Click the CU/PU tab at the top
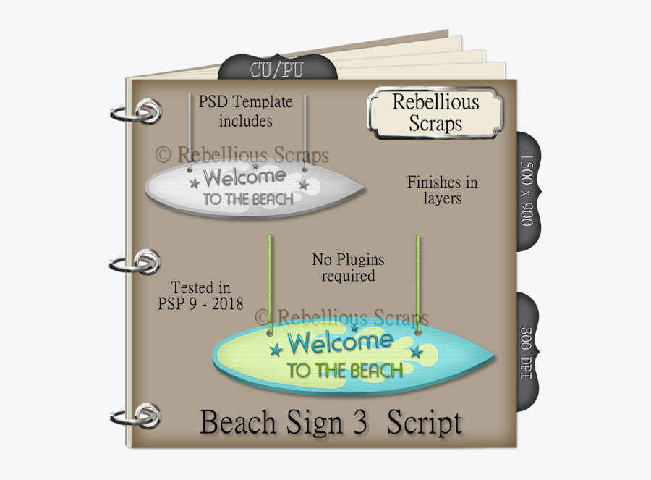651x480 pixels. (x=276, y=70)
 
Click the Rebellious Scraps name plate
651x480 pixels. (x=435, y=112)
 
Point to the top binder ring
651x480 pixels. (x=142, y=114)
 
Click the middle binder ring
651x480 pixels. (x=142, y=262)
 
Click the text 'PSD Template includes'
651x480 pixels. (x=245, y=111)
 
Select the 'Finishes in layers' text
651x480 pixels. (x=442, y=190)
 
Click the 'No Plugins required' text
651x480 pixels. (x=348, y=267)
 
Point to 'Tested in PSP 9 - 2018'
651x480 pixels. (x=200, y=295)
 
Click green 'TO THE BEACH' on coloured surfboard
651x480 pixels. (x=345, y=371)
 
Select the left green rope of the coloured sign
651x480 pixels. (x=270, y=282)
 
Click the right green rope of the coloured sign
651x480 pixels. (x=418, y=282)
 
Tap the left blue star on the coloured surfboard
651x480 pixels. (x=275, y=352)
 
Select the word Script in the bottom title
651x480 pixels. (x=424, y=422)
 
